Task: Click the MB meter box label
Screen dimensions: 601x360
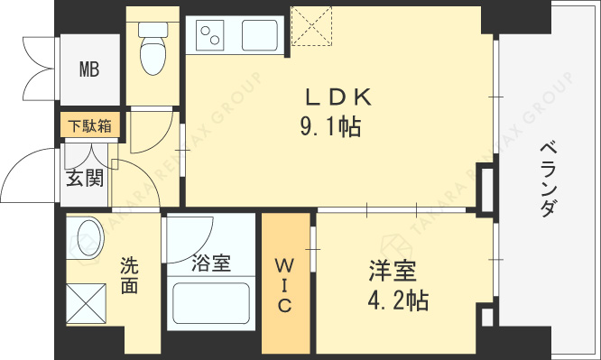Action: pos(89,69)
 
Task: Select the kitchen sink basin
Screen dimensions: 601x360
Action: pos(260,35)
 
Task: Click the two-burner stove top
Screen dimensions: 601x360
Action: pos(209,35)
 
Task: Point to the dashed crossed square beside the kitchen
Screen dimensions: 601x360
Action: pos(311,26)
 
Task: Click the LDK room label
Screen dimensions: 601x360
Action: pos(338,97)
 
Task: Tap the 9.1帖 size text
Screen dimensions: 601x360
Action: pos(330,127)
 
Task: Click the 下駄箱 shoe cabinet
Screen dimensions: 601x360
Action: pos(90,125)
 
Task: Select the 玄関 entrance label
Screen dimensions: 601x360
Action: pos(85,178)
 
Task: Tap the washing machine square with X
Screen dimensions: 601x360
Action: pos(86,303)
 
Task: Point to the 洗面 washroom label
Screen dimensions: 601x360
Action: pos(130,275)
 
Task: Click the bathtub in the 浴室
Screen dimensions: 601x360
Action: pos(211,303)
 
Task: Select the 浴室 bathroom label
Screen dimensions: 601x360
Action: pos(211,263)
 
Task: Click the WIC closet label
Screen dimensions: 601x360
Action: pos(285,285)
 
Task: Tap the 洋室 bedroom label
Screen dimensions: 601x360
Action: pos(393,272)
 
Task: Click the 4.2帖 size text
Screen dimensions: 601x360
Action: pos(398,300)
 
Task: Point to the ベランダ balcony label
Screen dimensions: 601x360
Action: pos(549,180)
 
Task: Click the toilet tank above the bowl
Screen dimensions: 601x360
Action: pos(153,30)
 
